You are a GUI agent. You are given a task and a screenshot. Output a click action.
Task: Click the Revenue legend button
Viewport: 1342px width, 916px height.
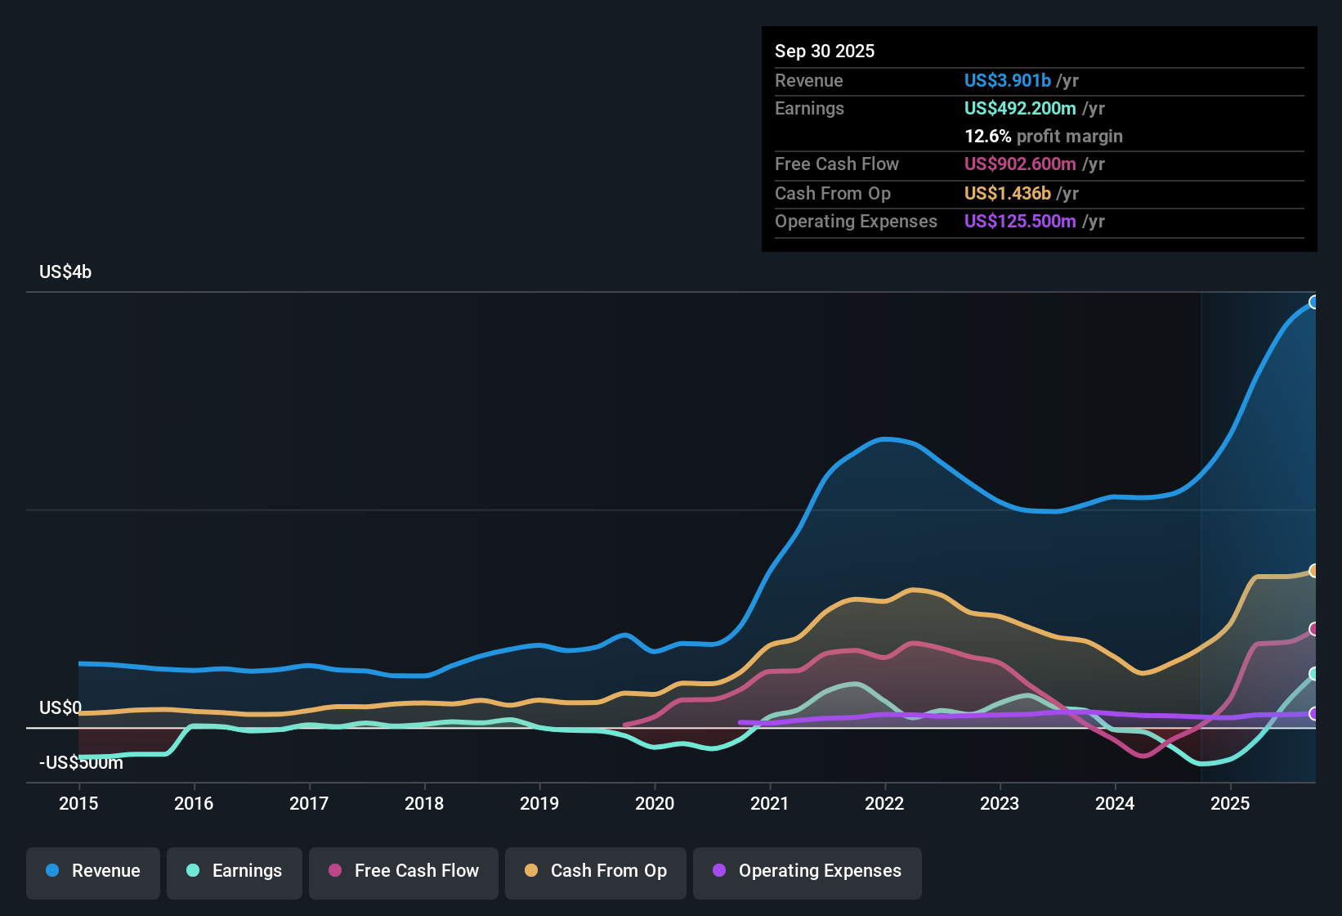93,871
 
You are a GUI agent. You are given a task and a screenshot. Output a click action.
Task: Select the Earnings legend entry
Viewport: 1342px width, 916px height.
235,871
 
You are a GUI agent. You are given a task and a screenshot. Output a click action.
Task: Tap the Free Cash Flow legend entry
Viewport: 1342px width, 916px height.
404,871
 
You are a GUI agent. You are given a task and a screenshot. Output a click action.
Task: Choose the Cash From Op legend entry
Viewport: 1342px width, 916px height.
596,871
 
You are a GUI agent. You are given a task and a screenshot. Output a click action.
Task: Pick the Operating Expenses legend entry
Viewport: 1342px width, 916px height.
807,871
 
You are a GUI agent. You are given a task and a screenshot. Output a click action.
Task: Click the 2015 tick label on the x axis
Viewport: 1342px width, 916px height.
78,804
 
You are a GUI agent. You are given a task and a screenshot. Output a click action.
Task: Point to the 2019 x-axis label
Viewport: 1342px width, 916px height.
539,804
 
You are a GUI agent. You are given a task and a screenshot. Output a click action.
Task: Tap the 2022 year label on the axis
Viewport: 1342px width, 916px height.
884,804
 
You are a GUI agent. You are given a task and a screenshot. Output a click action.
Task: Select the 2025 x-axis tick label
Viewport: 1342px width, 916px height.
1230,804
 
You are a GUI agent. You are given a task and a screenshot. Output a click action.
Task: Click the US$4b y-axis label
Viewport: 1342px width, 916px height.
65,272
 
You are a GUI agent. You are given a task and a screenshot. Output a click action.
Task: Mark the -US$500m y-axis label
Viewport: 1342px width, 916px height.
81,763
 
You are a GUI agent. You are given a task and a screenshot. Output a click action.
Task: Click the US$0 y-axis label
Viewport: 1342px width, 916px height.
60,708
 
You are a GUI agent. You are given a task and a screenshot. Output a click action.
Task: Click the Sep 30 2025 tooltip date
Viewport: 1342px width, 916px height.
825,52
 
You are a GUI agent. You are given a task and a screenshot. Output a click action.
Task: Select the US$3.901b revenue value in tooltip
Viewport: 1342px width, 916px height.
1007,81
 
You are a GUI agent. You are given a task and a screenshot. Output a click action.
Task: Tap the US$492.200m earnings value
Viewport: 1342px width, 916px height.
1020,109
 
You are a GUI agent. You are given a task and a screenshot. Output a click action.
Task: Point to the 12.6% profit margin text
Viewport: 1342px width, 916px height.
1044,137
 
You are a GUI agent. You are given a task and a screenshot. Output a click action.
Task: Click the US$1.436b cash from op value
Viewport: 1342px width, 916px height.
1007,194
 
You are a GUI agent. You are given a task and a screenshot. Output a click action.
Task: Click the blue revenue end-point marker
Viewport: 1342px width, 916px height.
1313,303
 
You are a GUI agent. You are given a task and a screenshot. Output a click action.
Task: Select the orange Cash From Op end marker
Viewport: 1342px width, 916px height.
1313,571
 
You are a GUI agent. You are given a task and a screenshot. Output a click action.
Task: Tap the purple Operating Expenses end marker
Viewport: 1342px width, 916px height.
1313,714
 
